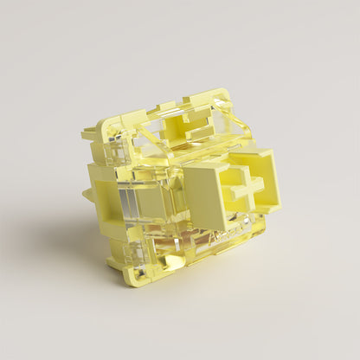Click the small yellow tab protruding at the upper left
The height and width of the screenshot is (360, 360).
[x=89, y=133]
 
